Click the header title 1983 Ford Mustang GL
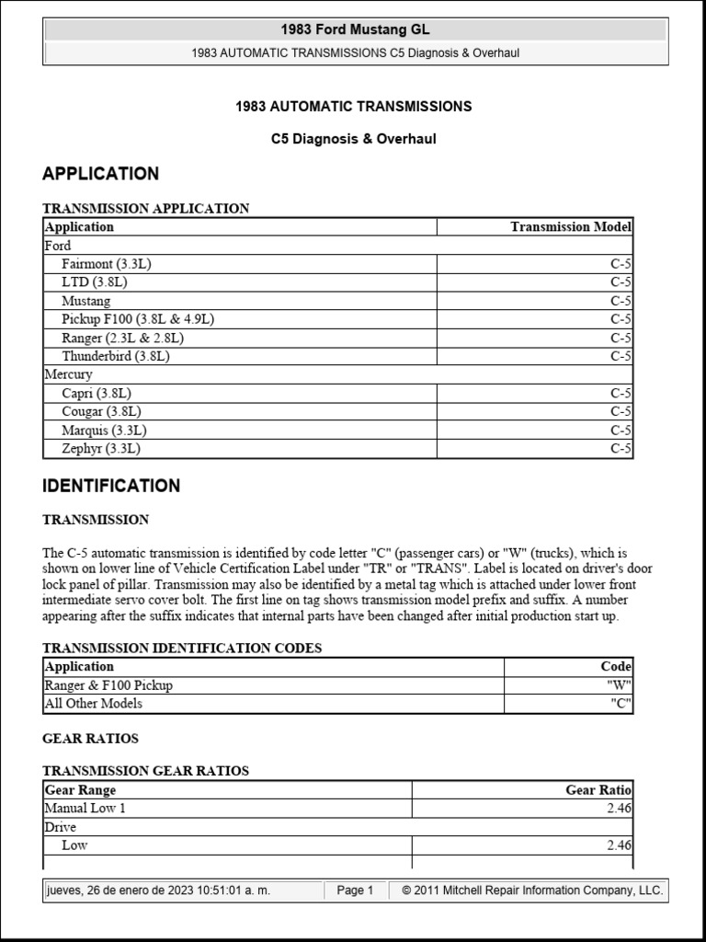click(356, 29)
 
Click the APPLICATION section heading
click(100, 173)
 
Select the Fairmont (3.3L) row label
click(106, 264)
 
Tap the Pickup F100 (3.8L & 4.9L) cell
click(138, 319)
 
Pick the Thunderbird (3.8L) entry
click(116, 356)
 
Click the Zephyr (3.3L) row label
click(101, 449)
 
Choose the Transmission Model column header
click(571, 226)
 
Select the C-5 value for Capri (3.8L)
click(621, 393)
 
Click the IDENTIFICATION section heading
click(111, 486)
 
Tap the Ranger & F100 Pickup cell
click(108, 685)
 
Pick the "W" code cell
click(619, 685)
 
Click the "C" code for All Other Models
click(621, 704)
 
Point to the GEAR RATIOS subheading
click(90, 739)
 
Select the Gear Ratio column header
click(598, 789)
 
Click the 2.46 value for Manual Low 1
click(619, 808)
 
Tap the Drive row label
click(61, 827)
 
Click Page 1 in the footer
click(355, 890)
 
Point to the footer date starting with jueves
click(158, 890)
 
